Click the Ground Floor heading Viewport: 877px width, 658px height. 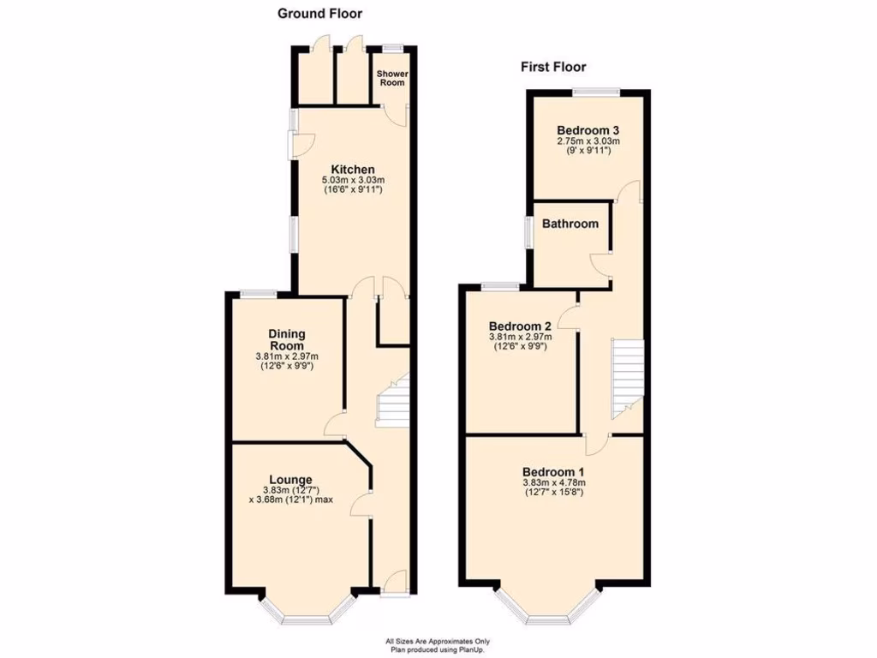319,14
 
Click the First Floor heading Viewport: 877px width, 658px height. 553,67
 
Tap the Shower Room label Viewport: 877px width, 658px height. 392,79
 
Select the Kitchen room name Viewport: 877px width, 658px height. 353,170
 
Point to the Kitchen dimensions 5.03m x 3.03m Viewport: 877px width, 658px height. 352,180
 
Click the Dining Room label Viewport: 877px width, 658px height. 287,340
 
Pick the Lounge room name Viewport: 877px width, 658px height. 290,480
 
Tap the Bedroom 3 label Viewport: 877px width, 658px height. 588,130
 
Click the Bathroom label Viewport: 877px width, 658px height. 570,224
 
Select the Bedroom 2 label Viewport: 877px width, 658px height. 520,326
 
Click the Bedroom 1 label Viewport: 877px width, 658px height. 553,472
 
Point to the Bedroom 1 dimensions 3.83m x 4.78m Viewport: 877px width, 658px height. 553,482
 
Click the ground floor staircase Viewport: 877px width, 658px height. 393,401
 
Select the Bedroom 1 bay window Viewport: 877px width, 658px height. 548,611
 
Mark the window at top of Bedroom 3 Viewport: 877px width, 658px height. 597,91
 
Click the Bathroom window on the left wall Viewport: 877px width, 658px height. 529,233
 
